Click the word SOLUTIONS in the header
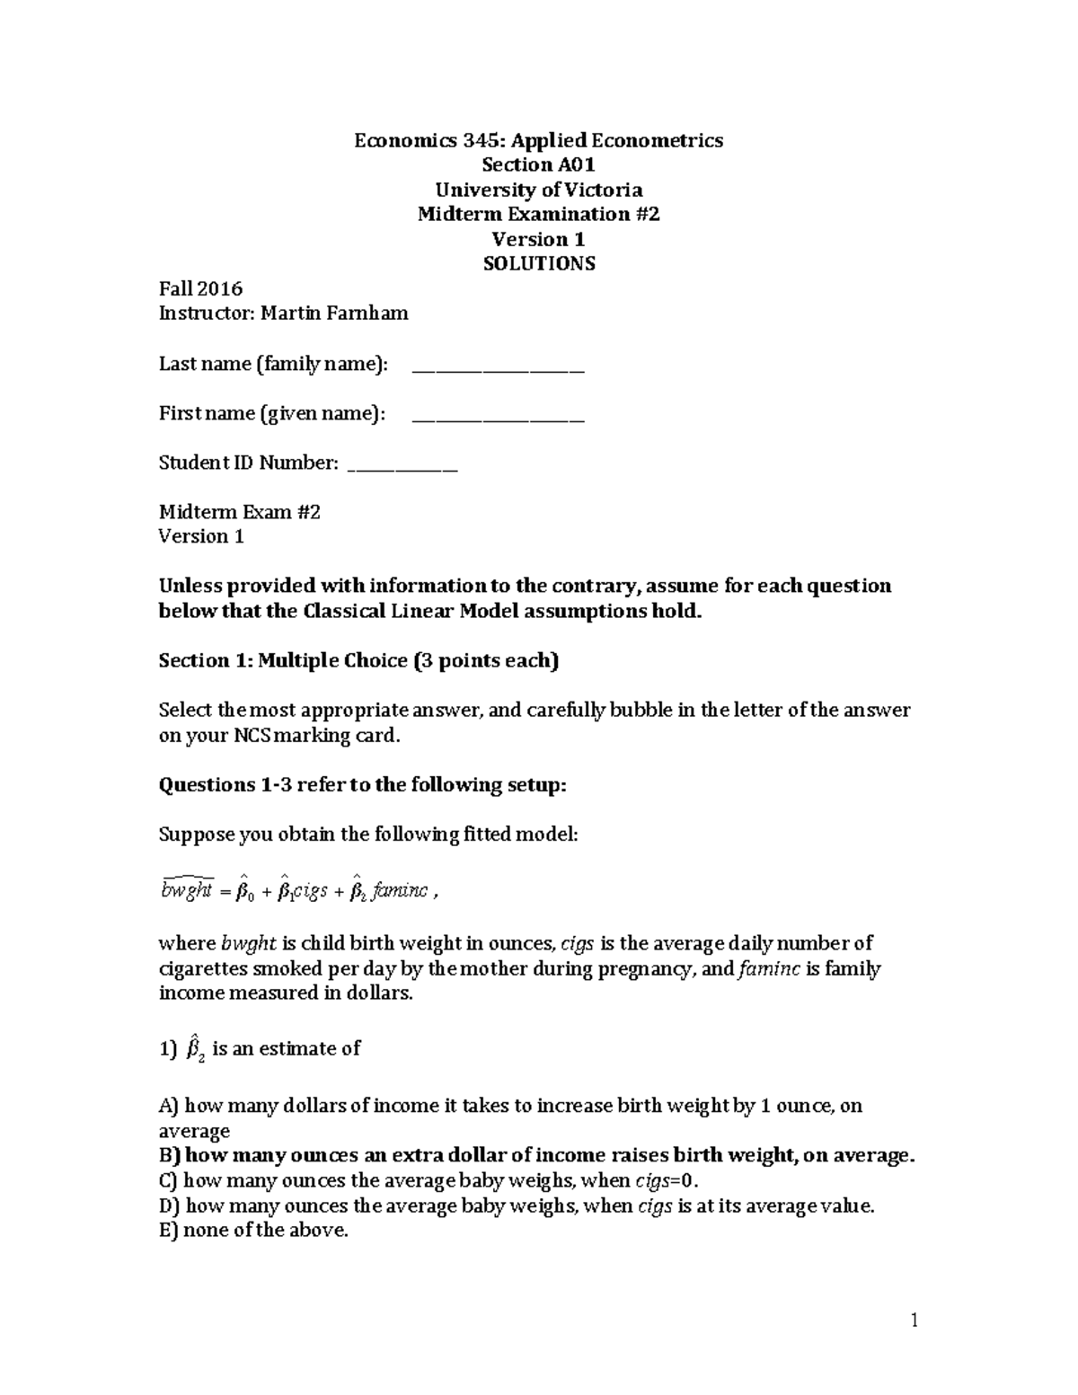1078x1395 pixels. point(539,264)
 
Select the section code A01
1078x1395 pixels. point(576,165)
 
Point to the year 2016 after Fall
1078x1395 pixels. point(222,289)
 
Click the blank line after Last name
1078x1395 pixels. point(498,367)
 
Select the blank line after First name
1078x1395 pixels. point(498,417)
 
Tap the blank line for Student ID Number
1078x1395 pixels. point(402,466)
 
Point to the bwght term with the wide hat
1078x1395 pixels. point(187,889)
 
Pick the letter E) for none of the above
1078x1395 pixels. point(168,1231)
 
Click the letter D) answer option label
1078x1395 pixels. point(169,1206)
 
